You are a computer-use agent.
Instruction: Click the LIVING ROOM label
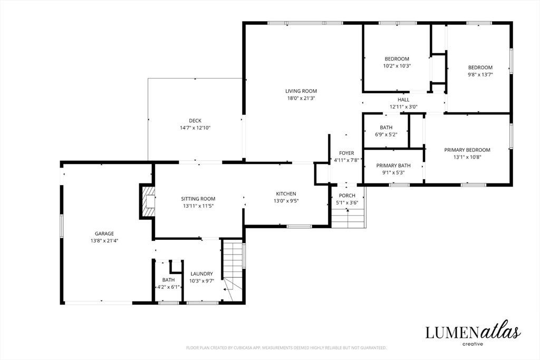pos(301,91)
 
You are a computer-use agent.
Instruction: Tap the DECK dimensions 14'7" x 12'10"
pos(195,128)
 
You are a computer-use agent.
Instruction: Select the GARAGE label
pos(104,233)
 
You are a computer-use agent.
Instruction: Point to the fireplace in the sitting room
pos(148,201)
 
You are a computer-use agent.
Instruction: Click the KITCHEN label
pos(286,194)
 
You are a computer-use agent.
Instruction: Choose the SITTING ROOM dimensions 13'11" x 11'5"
pos(198,206)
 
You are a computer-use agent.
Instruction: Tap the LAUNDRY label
pos(202,274)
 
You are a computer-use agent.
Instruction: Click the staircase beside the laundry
pos(233,267)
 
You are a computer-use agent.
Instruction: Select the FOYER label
pos(346,153)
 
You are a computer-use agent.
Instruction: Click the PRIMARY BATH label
pos(393,166)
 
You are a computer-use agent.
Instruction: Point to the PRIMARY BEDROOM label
pos(467,150)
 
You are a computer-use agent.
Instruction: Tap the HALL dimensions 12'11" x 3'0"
pos(403,106)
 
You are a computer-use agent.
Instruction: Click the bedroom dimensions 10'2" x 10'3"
pos(397,66)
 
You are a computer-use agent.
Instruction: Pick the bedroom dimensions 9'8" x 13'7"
pos(480,74)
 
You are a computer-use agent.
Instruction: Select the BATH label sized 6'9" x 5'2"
pos(386,128)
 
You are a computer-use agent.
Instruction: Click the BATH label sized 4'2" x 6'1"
pos(168,280)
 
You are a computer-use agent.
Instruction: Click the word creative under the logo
pos(472,344)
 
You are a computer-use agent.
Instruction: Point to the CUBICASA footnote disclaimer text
pos(286,347)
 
